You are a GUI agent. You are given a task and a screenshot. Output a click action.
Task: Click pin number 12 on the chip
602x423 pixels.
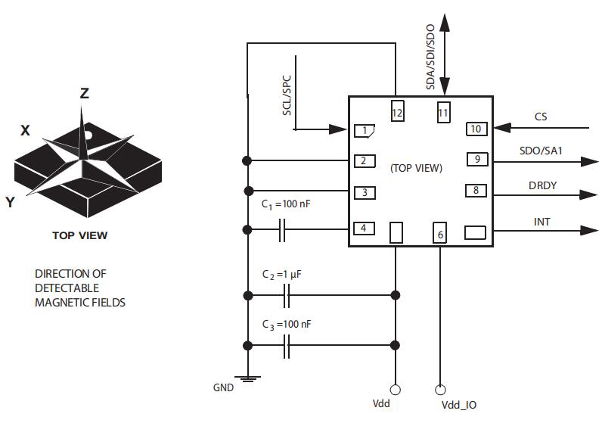tap(397, 112)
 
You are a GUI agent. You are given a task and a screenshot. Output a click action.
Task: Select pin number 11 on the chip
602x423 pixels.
tap(443, 112)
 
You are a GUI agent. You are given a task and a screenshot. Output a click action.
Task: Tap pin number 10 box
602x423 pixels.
tap(476, 129)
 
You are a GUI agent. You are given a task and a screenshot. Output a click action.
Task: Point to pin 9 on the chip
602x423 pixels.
tap(476, 159)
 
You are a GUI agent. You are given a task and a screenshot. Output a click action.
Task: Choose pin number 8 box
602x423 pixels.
tap(476, 191)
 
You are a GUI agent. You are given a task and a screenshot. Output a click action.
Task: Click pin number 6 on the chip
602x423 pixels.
tap(440, 234)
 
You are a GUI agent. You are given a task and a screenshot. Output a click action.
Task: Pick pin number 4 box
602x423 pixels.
tap(364, 228)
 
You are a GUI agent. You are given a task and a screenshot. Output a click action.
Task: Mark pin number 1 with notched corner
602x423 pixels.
tap(365, 131)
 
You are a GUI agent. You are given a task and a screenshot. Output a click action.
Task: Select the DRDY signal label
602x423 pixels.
tap(543, 185)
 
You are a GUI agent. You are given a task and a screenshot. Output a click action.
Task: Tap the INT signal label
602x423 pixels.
tap(541, 222)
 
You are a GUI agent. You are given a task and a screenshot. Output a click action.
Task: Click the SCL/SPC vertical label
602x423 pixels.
tap(287, 95)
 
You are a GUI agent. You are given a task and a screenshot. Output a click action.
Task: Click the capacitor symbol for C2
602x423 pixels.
tap(287, 295)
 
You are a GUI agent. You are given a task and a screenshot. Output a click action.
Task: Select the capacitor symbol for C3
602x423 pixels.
tap(287, 346)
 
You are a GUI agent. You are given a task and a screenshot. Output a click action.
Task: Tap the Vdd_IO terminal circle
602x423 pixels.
tap(440, 390)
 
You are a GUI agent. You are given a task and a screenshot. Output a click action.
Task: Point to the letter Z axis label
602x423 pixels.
tap(85, 93)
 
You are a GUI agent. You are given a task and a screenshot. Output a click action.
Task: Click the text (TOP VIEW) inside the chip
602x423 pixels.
tap(416, 168)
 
